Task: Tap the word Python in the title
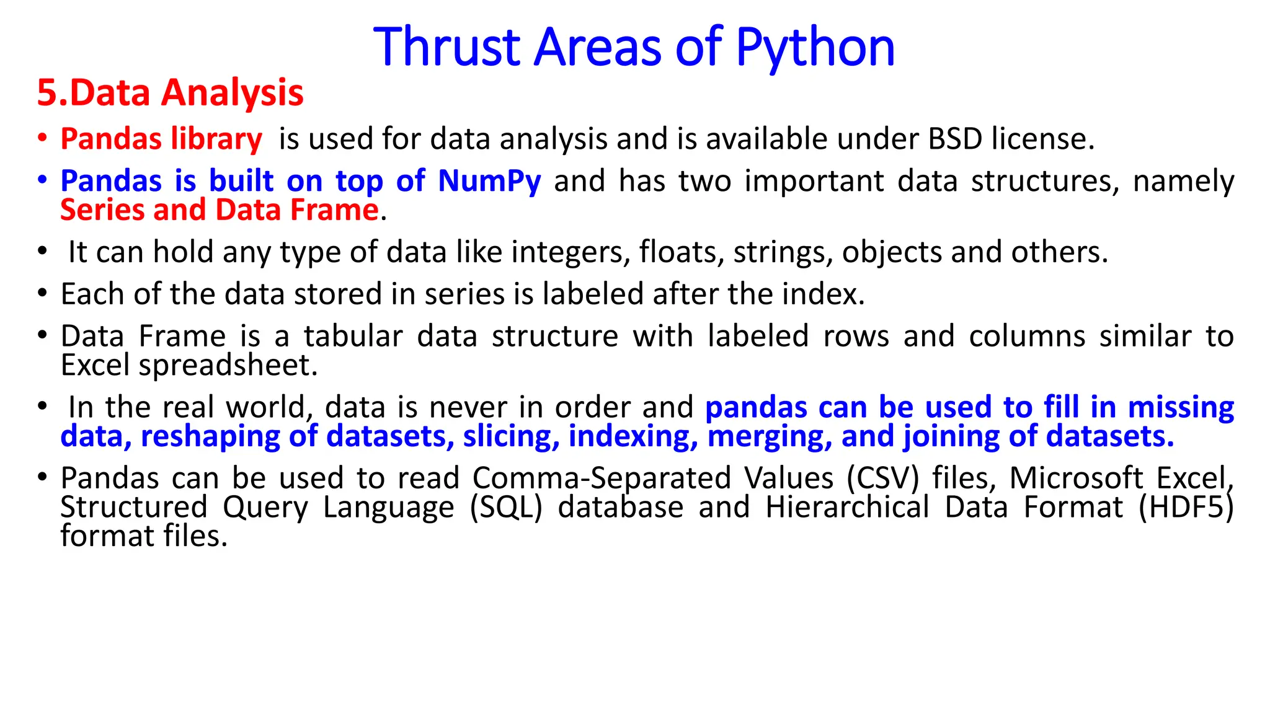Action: click(815, 48)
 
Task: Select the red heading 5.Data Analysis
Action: click(170, 93)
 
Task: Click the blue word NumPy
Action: click(489, 181)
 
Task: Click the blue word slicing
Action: click(507, 436)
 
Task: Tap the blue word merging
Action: click(770, 436)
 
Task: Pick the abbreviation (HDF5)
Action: click(1186, 508)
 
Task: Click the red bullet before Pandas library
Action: click(42, 138)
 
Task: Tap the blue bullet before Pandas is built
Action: click(42, 180)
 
